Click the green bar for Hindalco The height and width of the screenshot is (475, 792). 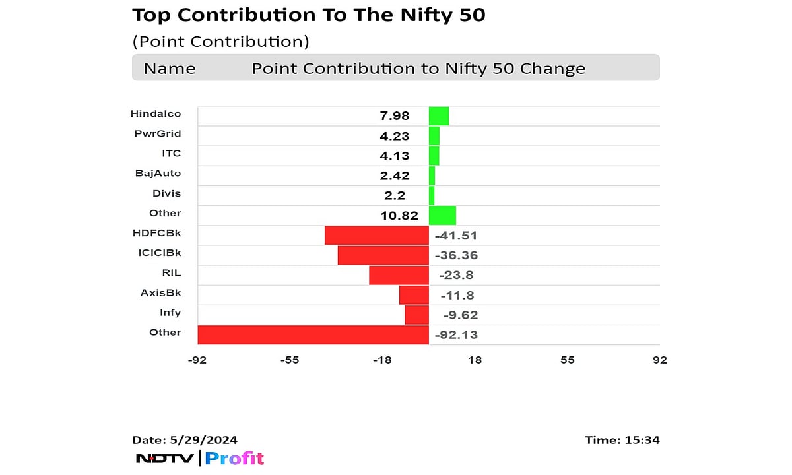click(x=439, y=116)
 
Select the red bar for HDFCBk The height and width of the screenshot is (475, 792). click(x=377, y=236)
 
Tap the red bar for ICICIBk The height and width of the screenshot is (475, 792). click(x=383, y=255)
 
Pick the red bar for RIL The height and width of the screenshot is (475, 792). click(x=399, y=275)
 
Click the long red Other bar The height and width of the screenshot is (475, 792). click(x=313, y=334)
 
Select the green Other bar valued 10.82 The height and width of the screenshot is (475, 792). click(x=442, y=215)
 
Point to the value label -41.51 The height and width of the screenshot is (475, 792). click(x=455, y=236)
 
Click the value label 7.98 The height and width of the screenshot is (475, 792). click(x=395, y=116)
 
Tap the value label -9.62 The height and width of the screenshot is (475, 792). click(x=455, y=315)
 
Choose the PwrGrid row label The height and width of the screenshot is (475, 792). click(x=157, y=134)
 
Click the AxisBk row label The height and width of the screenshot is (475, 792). click(x=160, y=293)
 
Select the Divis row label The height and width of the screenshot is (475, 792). click(x=166, y=193)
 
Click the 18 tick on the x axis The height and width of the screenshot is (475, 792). click(x=475, y=360)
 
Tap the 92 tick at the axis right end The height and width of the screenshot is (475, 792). click(x=659, y=360)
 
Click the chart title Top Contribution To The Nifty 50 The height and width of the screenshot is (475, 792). click(x=309, y=15)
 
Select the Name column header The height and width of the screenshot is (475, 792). click(x=170, y=69)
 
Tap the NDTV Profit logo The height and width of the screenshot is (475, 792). click(x=199, y=458)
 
